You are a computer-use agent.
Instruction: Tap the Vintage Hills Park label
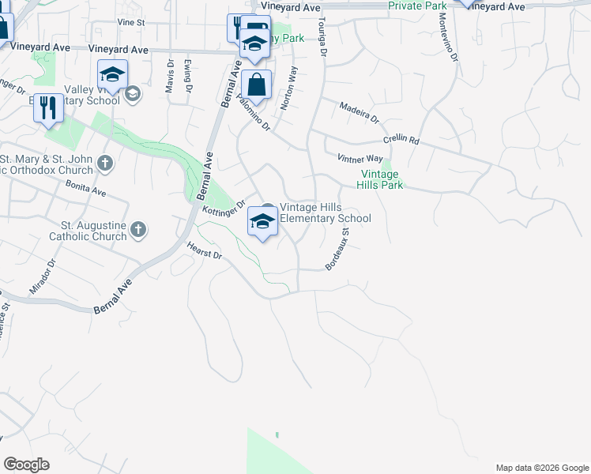[x=382, y=180]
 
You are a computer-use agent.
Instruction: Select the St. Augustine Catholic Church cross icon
[x=138, y=230]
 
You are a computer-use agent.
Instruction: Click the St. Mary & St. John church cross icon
[x=105, y=164]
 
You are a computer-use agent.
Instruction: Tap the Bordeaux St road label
[x=337, y=250]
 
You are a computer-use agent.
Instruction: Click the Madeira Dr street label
[x=359, y=111]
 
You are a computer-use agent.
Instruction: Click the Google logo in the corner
[x=26, y=465]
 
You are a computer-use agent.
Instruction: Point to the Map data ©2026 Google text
[x=542, y=468]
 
